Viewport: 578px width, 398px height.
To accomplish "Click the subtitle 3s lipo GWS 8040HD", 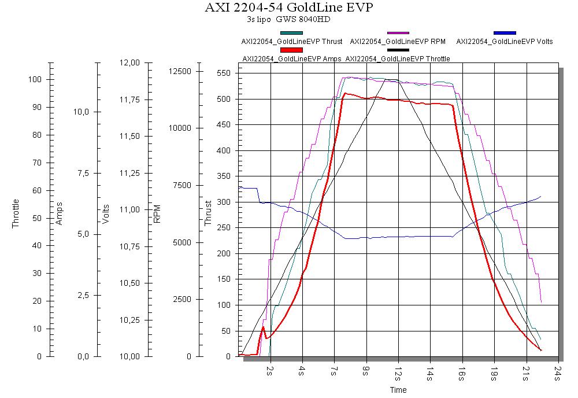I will coord(288,20).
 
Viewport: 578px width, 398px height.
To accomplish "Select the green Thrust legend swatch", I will coord(291,33).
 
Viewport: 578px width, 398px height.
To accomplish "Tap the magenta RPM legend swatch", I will coord(398,33).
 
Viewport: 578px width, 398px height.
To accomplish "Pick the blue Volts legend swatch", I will coord(505,33).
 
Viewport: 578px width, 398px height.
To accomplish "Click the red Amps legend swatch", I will coord(291,50).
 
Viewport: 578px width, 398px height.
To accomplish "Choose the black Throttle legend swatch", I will coord(398,50).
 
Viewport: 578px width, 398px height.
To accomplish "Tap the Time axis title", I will coord(398,390).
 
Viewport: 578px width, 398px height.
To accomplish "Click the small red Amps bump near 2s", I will coord(264,327).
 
